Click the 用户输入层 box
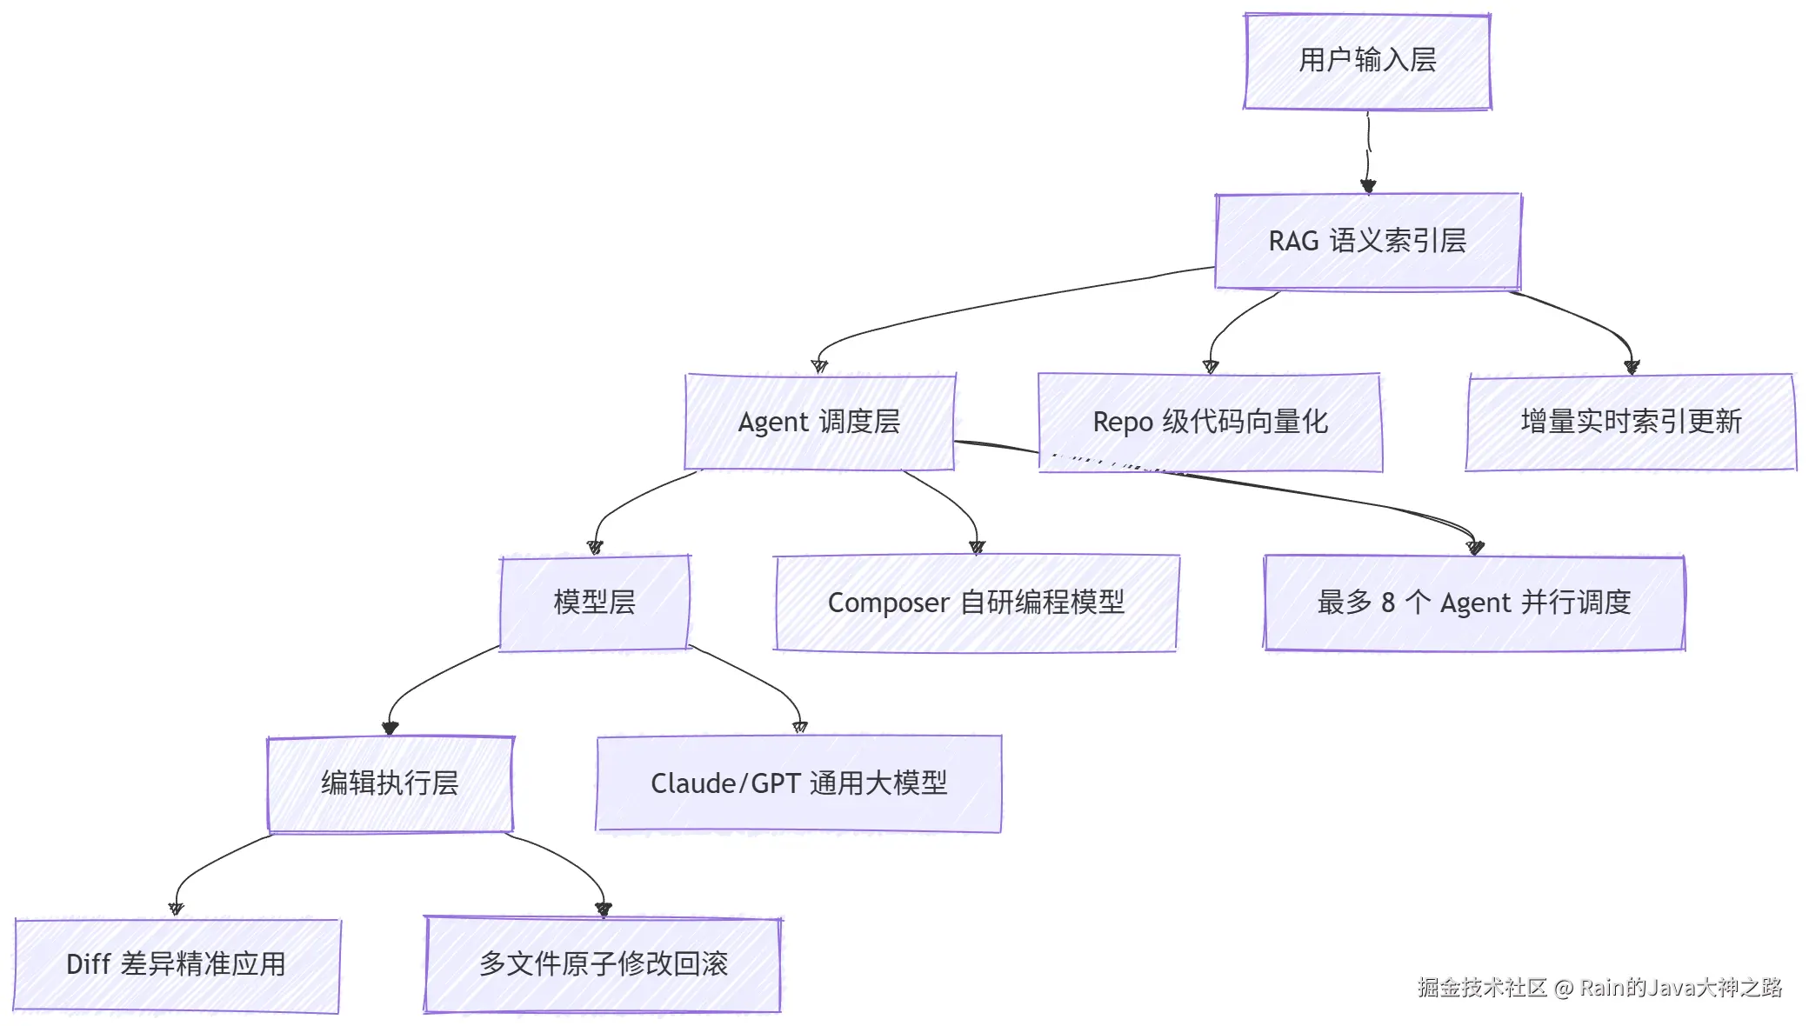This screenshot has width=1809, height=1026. pyautogui.click(x=1367, y=61)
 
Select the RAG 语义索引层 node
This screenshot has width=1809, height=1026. pyautogui.click(x=1367, y=241)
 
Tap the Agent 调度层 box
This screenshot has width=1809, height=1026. pyautogui.click(x=819, y=422)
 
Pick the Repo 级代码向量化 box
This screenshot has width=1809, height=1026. pyautogui.click(x=1210, y=422)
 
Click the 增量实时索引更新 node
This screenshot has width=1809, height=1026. pyautogui.click(x=1631, y=422)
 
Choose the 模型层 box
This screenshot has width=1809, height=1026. pyautogui.click(x=595, y=603)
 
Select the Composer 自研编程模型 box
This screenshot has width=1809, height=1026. pyautogui.click(x=976, y=603)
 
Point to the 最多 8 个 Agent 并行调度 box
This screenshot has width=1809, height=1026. pyautogui.click(x=1474, y=603)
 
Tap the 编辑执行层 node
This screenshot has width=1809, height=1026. pyautogui.click(x=390, y=783)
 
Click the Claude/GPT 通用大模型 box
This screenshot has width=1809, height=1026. pyautogui.click(x=798, y=783)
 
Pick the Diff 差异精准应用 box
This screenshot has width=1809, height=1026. pyautogui.click(x=177, y=964)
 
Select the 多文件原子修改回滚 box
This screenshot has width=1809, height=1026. pyautogui.click(x=603, y=964)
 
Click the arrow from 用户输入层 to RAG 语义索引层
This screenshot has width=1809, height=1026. pyautogui.click(x=1368, y=151)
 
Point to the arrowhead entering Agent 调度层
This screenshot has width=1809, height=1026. pyautogui.click(x=819, y=366)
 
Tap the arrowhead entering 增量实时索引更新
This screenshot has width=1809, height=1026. pyautogui.click(x=1632, y=367)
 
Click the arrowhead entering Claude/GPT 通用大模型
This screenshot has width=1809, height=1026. pyautogui.click(x=800, y=728)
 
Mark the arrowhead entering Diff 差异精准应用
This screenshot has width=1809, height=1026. pyautogui.click(x=176, y=909)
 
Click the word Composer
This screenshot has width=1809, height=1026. pyautogui.click(x=888, y=603)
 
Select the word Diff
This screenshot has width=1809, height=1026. pyautogui.click(x=89, y=964)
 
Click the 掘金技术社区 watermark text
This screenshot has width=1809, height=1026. pyautogui.click(x=1482, y=988)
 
